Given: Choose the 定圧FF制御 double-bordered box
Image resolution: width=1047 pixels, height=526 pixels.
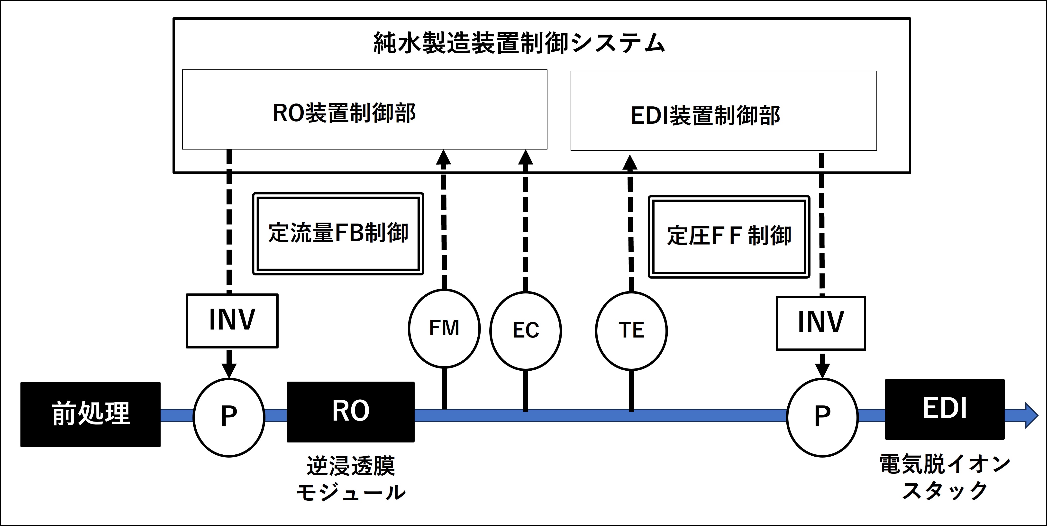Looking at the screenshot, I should [x=729, y=237].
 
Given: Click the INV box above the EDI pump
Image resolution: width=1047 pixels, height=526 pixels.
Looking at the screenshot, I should [x=821, y=323].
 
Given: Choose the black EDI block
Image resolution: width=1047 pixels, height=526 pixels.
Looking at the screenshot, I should [x=945, y=409].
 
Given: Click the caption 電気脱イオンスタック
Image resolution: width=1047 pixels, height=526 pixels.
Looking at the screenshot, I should [x=945, y=477].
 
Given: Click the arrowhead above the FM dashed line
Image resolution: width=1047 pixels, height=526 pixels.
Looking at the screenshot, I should [x=443, y=157].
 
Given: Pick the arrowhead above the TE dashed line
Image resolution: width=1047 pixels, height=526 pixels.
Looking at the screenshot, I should [x=630, y=163].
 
